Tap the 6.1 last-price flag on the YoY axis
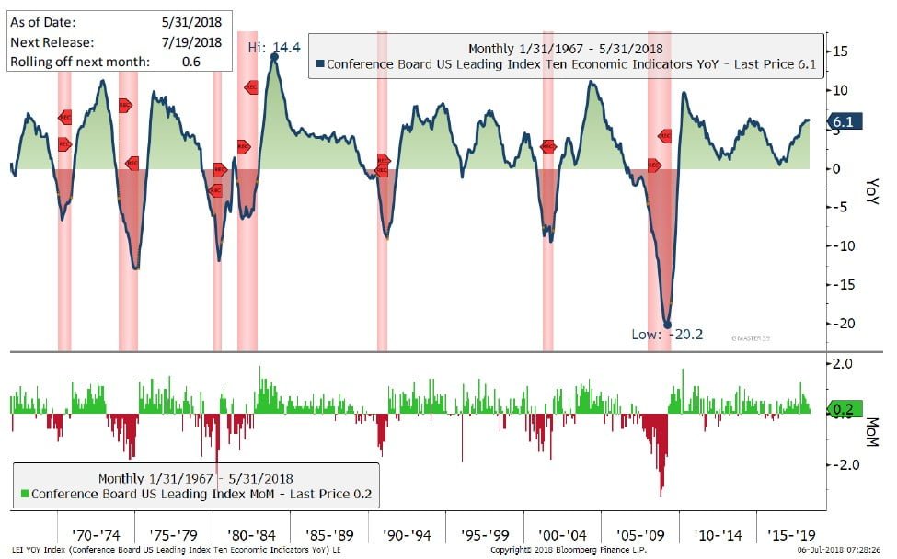pos(845,121)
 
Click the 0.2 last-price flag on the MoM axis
pos(844,411)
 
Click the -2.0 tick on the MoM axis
pos(847,464)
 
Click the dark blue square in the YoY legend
pos(319,64)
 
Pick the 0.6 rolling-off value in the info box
pos(191,62)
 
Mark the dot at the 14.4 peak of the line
pos(274,57)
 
